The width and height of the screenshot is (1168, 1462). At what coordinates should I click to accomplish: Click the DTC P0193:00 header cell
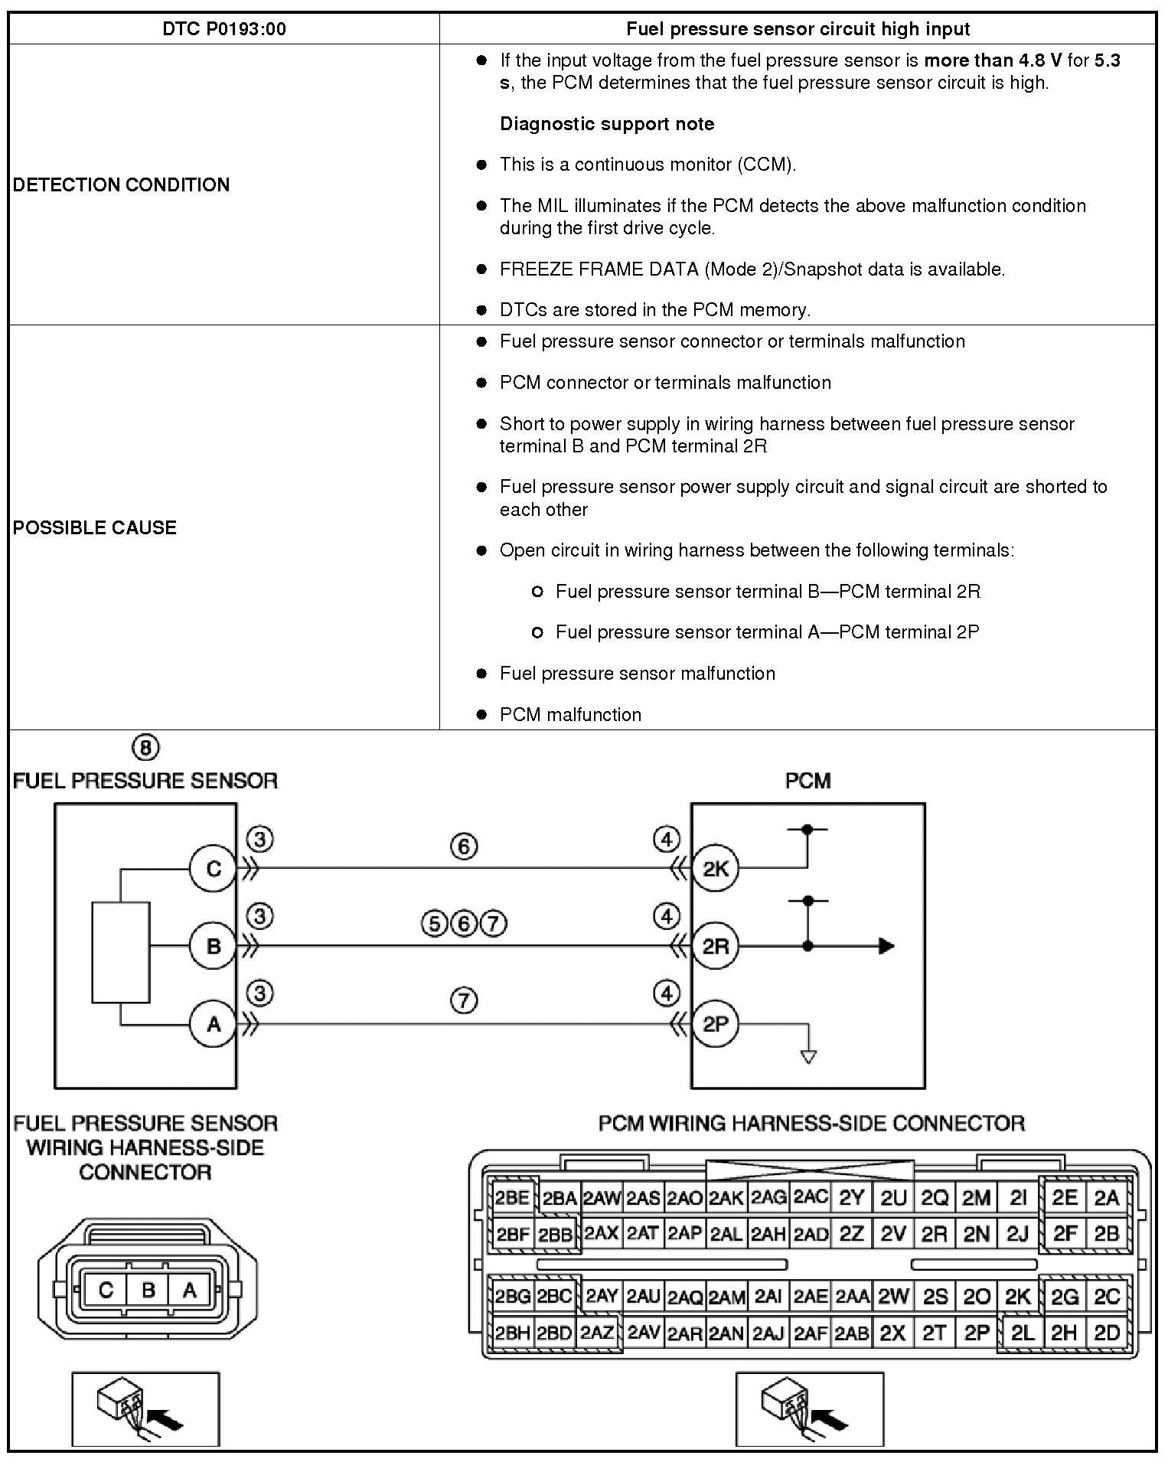click(224, 29)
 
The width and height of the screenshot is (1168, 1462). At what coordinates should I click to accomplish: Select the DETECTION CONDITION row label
click(121, 184)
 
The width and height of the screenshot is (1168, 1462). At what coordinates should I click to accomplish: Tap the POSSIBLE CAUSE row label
click(94, 527)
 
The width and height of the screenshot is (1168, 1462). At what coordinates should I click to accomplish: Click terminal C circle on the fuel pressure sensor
click(214, 868)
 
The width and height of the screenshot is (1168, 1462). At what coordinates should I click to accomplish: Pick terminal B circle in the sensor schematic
click(214, 946)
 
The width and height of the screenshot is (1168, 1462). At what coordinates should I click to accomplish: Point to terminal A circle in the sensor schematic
click(214, 1023)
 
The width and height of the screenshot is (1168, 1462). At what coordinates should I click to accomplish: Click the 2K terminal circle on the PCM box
click(716, 868)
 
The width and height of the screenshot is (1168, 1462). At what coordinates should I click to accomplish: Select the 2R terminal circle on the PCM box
click(716, 946)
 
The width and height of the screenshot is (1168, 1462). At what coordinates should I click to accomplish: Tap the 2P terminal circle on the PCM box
click(716, 1023)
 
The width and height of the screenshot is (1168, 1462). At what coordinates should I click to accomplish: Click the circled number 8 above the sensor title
click(145, 747)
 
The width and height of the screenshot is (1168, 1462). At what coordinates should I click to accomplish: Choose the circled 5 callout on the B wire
click(434, 924)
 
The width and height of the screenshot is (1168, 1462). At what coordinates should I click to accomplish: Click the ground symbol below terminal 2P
click(808, 1056)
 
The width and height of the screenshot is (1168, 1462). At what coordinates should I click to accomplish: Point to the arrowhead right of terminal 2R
click(886, 946)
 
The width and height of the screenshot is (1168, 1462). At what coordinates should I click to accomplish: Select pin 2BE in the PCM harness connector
click(512, 1198)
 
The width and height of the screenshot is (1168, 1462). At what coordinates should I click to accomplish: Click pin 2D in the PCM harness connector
click(1107, 1333)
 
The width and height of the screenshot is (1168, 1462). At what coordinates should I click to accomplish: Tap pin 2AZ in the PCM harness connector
click(596, 1333)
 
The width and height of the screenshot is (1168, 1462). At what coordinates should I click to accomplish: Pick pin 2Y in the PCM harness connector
click(851, 1198)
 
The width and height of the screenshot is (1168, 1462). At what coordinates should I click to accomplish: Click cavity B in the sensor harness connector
click(148, 1291)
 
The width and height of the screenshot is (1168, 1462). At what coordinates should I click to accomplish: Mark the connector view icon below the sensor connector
click(145, 1409)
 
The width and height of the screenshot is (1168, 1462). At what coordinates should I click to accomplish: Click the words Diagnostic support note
click(606, 124)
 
